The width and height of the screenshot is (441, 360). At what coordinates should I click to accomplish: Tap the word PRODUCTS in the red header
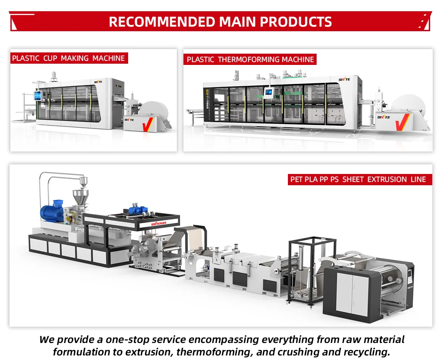click(x=296, y=22)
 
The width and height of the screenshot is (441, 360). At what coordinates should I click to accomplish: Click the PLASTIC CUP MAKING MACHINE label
click(x=69, y=58)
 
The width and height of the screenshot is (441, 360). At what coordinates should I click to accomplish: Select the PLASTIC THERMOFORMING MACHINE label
click(x=250, y=60)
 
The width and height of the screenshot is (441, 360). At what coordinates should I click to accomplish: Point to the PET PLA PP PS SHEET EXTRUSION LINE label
click(x=358, y=179)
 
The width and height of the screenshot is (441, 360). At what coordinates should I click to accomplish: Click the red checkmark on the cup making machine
click(x=148, y=124)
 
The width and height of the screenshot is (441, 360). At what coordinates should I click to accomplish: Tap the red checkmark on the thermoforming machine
click(x=402, y=122)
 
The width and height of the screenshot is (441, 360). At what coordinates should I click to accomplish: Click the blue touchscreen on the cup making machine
click(x=37, y=96)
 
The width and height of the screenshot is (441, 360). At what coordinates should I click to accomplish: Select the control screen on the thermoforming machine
click(x=268, y=92)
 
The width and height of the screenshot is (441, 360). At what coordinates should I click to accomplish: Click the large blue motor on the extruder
click(x=52, y=211)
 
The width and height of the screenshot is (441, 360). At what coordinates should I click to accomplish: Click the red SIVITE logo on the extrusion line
click(x=159, y=223)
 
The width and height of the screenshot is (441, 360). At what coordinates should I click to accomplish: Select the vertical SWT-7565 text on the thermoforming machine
click(x=207, y=99)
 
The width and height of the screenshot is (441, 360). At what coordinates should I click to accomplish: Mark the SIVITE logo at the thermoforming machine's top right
click(x=344, y=79)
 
